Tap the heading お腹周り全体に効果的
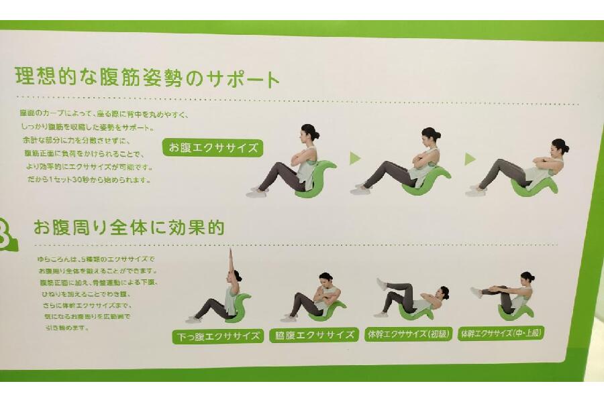coord(129,228)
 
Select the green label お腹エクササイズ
coord(213,148)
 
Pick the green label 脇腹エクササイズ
coord(313,335)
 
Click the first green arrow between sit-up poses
coord(355,159)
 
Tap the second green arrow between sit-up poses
coord(470,159)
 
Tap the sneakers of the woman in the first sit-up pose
coord(257,192)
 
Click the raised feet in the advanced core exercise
coord(476,292)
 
